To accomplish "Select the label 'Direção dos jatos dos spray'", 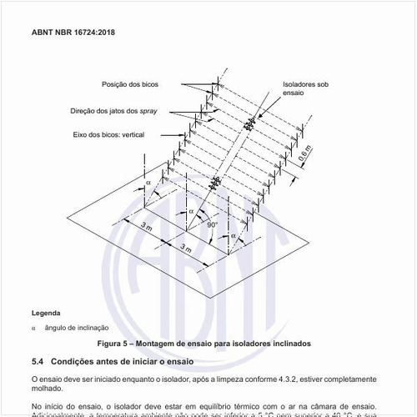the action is (x=129, y=110).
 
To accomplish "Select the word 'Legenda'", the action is (x=45, y=313).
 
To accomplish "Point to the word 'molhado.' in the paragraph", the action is (x=47, y=389).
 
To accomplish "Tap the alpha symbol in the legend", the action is (x=33, y=328).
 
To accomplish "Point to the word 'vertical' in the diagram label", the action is (x=143, y=133).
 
